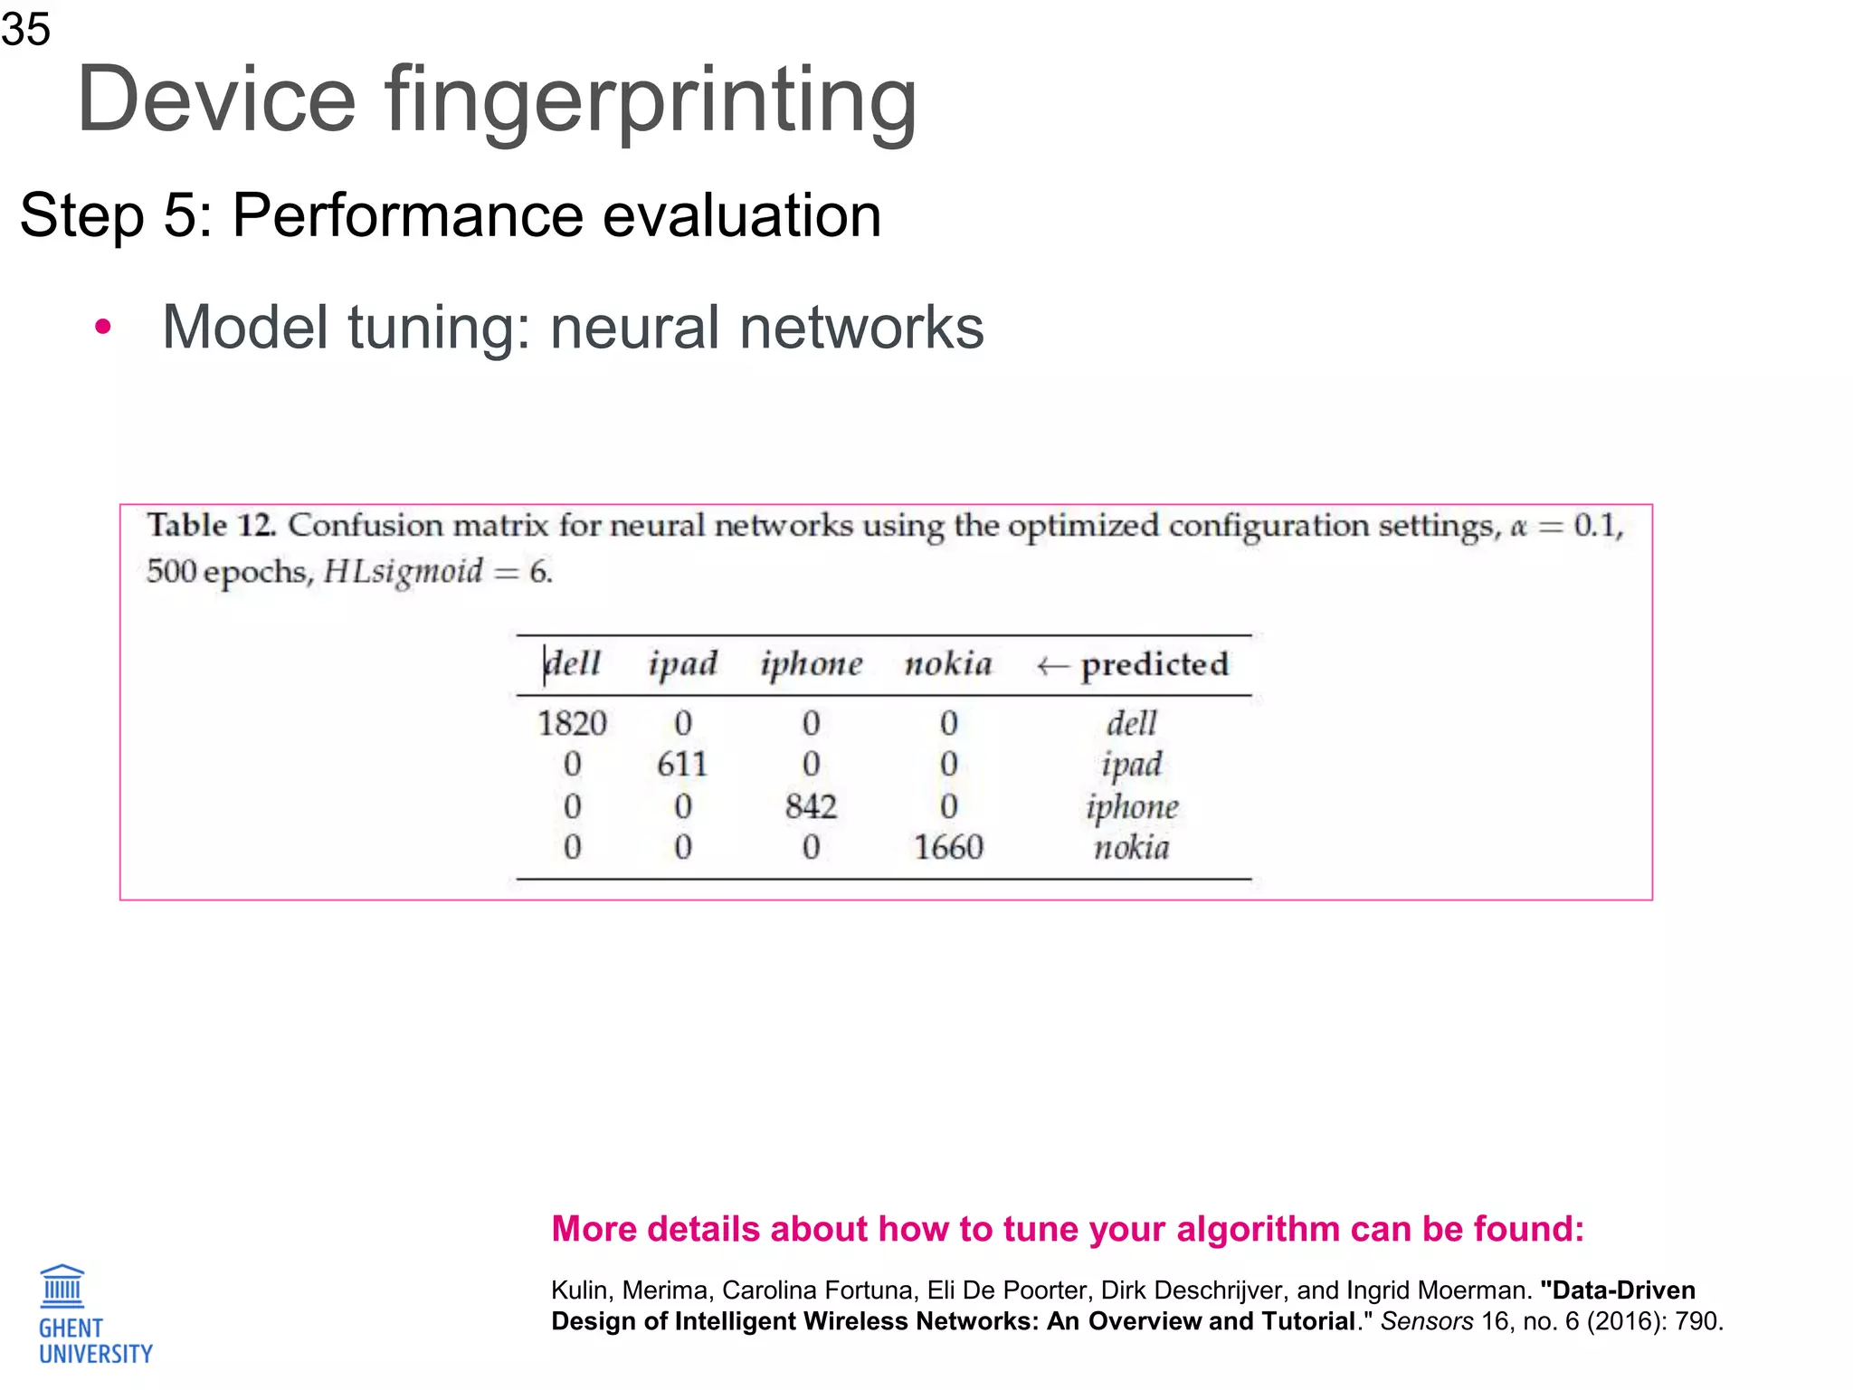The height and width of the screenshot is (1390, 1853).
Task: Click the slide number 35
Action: [25, 29]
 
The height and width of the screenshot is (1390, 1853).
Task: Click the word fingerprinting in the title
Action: [651, 100]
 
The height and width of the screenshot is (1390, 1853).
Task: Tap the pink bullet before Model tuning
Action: [103, 328]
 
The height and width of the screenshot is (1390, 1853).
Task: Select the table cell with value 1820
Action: [572, 723]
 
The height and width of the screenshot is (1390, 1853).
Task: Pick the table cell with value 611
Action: [682, 765]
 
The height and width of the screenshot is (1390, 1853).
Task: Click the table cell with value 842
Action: [811, 806]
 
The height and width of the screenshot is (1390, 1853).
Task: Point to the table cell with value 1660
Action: [947, 848]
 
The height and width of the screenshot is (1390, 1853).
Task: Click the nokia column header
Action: [947, 664]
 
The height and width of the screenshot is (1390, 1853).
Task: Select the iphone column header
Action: [811, 664]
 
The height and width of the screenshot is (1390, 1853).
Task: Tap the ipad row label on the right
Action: [1131, 765]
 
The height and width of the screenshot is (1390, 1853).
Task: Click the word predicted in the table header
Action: [1155, 664]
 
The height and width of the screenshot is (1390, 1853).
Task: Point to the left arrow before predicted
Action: [1052, 667]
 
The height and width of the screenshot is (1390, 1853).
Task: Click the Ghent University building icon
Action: [62, 1287]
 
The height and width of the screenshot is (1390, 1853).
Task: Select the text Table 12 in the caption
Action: [211, 525]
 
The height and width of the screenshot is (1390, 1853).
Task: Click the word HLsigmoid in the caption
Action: [403, 572]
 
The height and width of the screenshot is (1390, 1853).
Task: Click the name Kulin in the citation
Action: [580, 1290]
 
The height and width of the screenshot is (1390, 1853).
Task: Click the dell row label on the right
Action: [1131, 723]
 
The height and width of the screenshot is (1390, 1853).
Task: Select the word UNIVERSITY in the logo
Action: [96, 1354]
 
